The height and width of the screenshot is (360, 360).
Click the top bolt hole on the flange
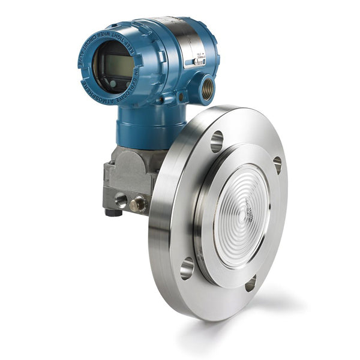pyautogui.click(x=217, y=141)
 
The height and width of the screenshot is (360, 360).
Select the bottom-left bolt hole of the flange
pyautogui.click(x=187, y=268)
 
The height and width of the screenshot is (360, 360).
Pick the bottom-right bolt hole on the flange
pyautogui.click(x=250, y=283)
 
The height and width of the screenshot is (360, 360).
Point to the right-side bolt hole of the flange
pyautogui.click(x=277, y=164)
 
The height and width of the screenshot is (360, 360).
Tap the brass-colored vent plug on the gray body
pyautogui.click(x=138, y=205)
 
